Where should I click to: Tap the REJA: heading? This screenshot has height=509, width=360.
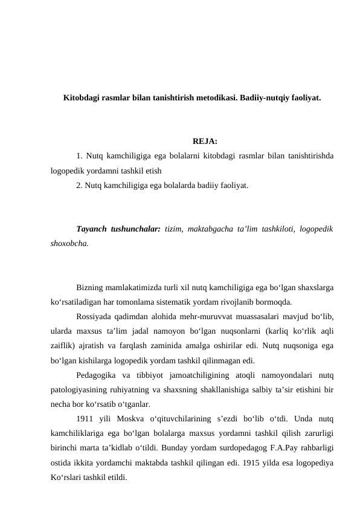188,142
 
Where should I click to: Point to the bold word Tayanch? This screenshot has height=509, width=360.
92,229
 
